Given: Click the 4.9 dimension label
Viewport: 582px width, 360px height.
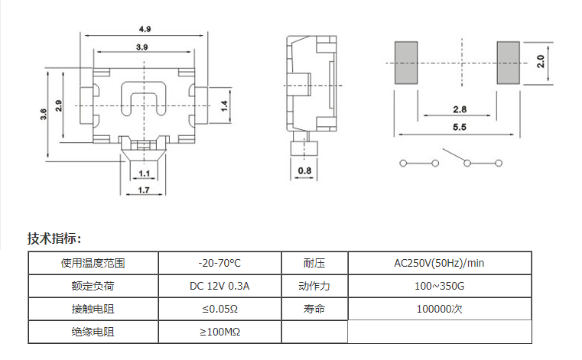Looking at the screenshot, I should click(145, 29).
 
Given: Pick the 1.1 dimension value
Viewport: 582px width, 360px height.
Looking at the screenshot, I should click(145, 174).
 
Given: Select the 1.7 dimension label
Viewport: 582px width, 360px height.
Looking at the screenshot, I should click(143, 189).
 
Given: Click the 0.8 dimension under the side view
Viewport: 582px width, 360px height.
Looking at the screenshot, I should click(304, 170).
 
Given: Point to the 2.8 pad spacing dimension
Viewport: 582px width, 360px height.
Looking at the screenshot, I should click(460, 109).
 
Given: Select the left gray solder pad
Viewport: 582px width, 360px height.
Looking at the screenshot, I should click(406, 63).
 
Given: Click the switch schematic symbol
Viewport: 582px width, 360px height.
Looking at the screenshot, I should click(451, 162).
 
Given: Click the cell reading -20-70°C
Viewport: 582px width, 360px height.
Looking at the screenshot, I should click(219, 264).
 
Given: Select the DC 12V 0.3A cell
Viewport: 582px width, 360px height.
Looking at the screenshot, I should click(219, 287).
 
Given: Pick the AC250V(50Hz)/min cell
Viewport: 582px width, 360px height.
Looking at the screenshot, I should click(439, 264).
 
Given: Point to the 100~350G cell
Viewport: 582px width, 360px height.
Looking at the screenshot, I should click(439, 287).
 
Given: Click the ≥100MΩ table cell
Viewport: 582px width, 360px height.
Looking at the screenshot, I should click(219, 332).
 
